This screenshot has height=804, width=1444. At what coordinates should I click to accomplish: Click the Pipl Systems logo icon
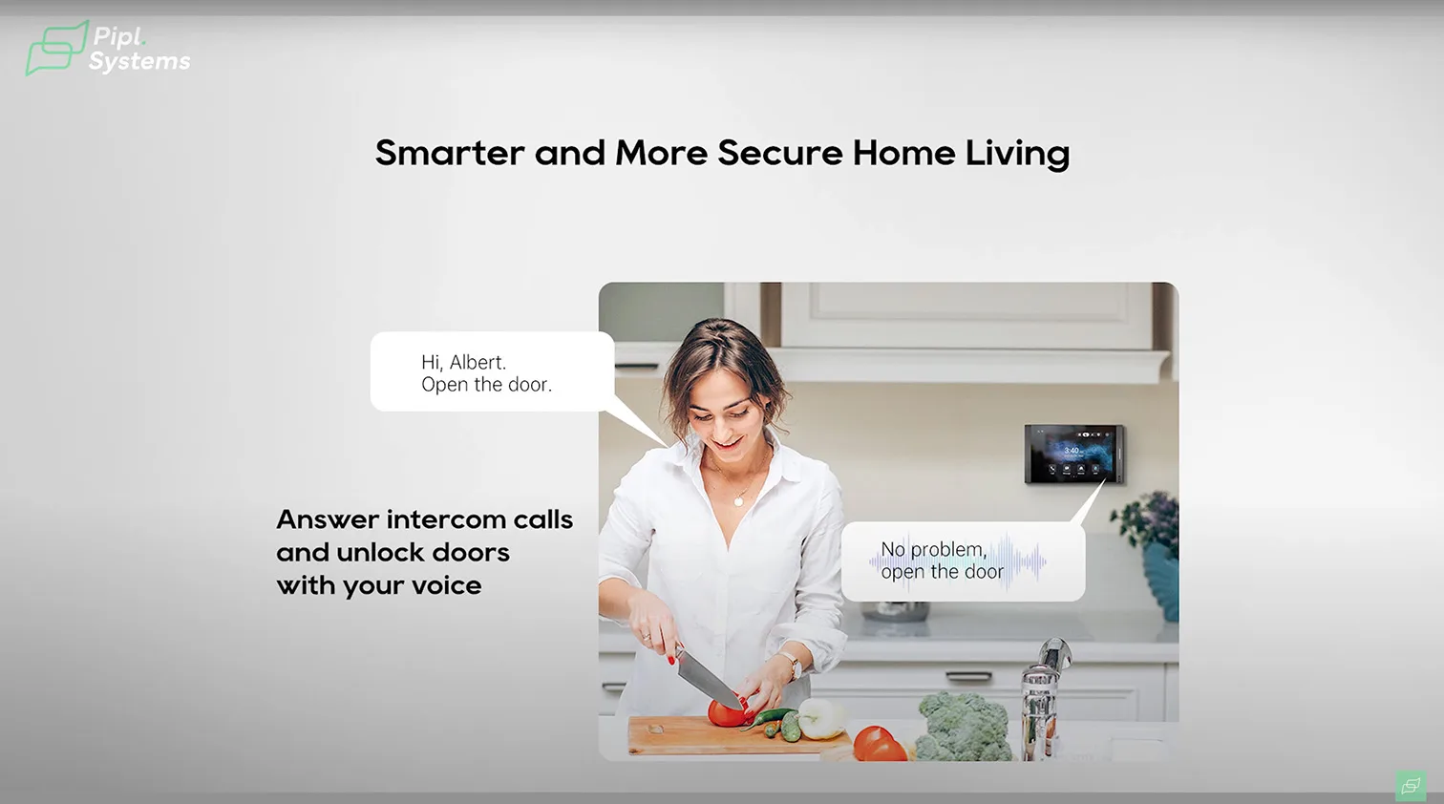pyautogui.click(x=56, y=49)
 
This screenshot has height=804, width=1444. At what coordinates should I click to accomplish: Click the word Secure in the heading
pyautogui.click(x=780, y=153)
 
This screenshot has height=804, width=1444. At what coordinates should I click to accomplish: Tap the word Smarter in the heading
pyautogui.click(x=450, y=153)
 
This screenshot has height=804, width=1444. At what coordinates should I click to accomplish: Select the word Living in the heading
pyautogui.click(x=1017, y=155)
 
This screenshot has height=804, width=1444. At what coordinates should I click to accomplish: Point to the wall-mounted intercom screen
pyautogui.click(x=1074, y=454)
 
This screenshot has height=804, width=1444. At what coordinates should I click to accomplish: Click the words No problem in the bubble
pyautogui.click(x=933, y=549)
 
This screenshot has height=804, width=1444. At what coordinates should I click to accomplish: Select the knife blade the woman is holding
pyautogui.click(x=708, y=679)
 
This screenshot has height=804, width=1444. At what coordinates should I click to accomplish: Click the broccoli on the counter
pyautogui.click(x=963, y=726)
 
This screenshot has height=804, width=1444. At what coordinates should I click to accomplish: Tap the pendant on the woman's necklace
pyautogui.click(x=739, y=501)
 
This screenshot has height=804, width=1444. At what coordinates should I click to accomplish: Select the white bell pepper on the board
pyautogui.click(x=821, y=718)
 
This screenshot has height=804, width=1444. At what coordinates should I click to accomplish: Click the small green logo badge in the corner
pyautogui.click(x=1411, y=785)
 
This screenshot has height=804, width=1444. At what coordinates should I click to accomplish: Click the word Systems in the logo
pyautogui.click(x=139, y=62)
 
